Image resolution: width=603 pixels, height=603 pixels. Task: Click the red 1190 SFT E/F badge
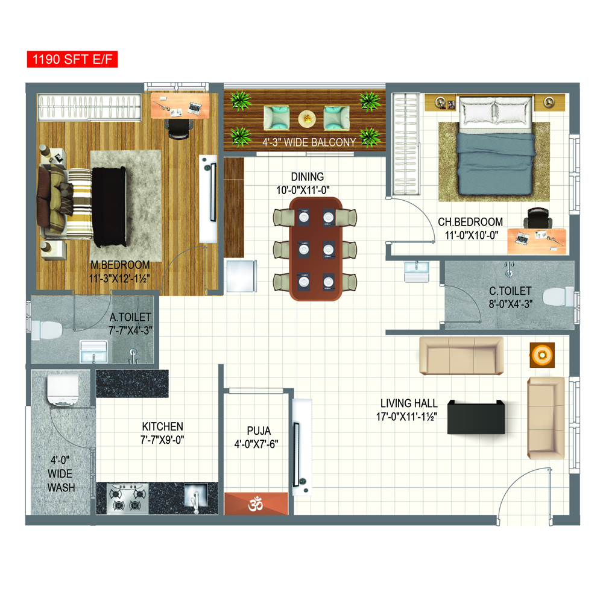72,59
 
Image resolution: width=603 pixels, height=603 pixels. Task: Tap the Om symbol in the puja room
256,504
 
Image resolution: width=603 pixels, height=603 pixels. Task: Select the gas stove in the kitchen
127,499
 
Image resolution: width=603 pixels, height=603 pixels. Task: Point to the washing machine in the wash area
63,389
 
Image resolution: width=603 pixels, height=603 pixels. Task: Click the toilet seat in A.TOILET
47,330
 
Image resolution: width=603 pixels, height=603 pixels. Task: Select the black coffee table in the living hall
476,417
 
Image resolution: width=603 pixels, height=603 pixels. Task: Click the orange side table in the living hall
542,355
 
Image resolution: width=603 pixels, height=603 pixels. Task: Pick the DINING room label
308,177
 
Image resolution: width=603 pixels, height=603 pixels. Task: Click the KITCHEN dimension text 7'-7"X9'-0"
162,440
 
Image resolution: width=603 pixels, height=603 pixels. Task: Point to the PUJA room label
259,431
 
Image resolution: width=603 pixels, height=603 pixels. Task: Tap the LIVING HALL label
409,403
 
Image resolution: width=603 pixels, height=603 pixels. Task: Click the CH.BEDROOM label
470,222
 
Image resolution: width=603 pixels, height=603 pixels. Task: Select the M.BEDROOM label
120,265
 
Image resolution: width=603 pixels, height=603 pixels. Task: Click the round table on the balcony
307,119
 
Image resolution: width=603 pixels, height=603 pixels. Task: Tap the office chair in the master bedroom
179,128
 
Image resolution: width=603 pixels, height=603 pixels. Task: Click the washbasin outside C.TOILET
417,271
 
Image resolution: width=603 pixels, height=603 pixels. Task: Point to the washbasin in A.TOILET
93,352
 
